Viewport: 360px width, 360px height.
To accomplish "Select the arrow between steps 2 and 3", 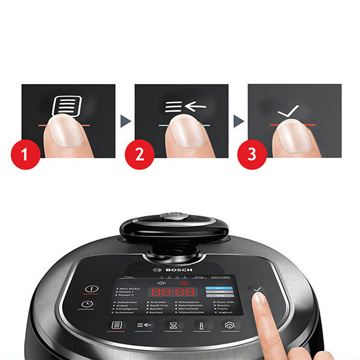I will coord(238,121).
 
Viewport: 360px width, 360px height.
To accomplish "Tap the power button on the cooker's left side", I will coord(91,289).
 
